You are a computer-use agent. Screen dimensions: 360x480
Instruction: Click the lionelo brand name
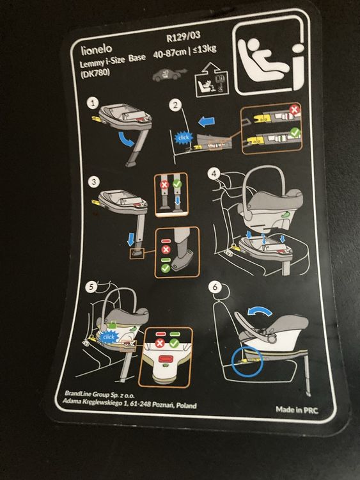[97, 49]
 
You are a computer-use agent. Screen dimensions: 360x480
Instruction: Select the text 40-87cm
[169, 52]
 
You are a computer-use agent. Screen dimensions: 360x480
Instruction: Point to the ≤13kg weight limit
[204, 49]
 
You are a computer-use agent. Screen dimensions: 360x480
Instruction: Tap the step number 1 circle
[93, 103]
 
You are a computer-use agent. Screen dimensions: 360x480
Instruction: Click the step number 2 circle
[175, 106]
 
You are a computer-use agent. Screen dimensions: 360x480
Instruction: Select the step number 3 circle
[93, 182]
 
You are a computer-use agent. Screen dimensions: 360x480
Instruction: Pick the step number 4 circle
[214, 173]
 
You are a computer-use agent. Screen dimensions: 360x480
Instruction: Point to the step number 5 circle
[91, 287]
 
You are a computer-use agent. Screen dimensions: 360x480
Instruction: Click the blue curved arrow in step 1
[126, 140]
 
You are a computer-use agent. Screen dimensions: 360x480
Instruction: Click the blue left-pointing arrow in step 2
[207, 122]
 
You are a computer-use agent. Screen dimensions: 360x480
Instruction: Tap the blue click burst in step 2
[184, 138]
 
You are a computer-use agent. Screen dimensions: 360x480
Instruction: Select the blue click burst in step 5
[109, 337]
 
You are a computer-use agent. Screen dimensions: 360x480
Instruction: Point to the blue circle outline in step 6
[232, 360]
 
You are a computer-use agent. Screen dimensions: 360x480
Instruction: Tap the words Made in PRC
[297, 410]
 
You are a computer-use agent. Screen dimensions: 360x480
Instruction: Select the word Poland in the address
[186, 405]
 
